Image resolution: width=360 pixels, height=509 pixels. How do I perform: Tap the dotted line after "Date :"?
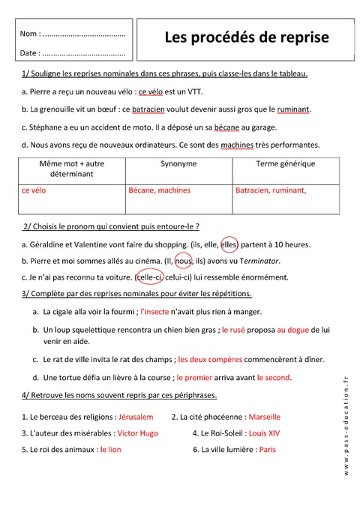tap(85, 53)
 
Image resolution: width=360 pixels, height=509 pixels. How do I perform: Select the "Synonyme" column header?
tap(178, 163)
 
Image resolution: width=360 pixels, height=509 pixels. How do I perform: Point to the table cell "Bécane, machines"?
tap(159, 190)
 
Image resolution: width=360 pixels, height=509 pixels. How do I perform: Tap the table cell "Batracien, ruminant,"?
tap(271, 190)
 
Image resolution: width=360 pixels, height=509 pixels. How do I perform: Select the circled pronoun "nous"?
tap(183, 260)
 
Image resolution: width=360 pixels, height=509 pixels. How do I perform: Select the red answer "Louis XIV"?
tap(268, 433)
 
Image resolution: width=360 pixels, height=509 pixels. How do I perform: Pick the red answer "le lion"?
tap(110, 450)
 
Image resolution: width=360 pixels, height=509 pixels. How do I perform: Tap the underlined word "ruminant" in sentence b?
tap(288, 109)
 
